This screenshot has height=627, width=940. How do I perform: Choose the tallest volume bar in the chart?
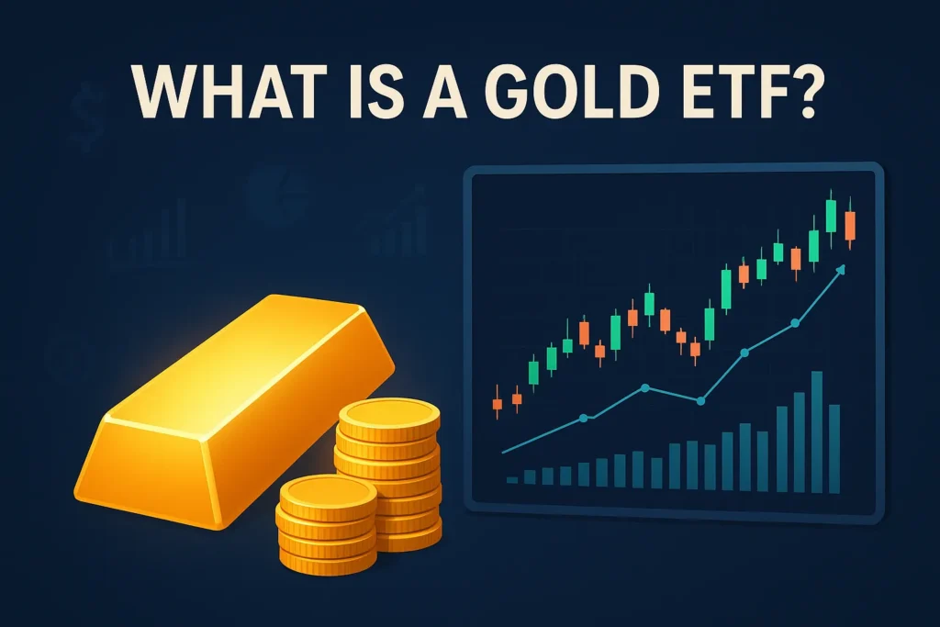click(816, 427)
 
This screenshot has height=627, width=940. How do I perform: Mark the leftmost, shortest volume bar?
click(512, 479)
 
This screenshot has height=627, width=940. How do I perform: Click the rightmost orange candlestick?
click(850, 226)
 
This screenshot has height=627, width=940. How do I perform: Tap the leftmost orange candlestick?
click(498, 402)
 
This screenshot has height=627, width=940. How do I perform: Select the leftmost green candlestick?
click(532, 371)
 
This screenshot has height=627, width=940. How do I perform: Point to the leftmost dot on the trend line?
click(584, 420)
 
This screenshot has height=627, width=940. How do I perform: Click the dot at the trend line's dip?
click(700, 400)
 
